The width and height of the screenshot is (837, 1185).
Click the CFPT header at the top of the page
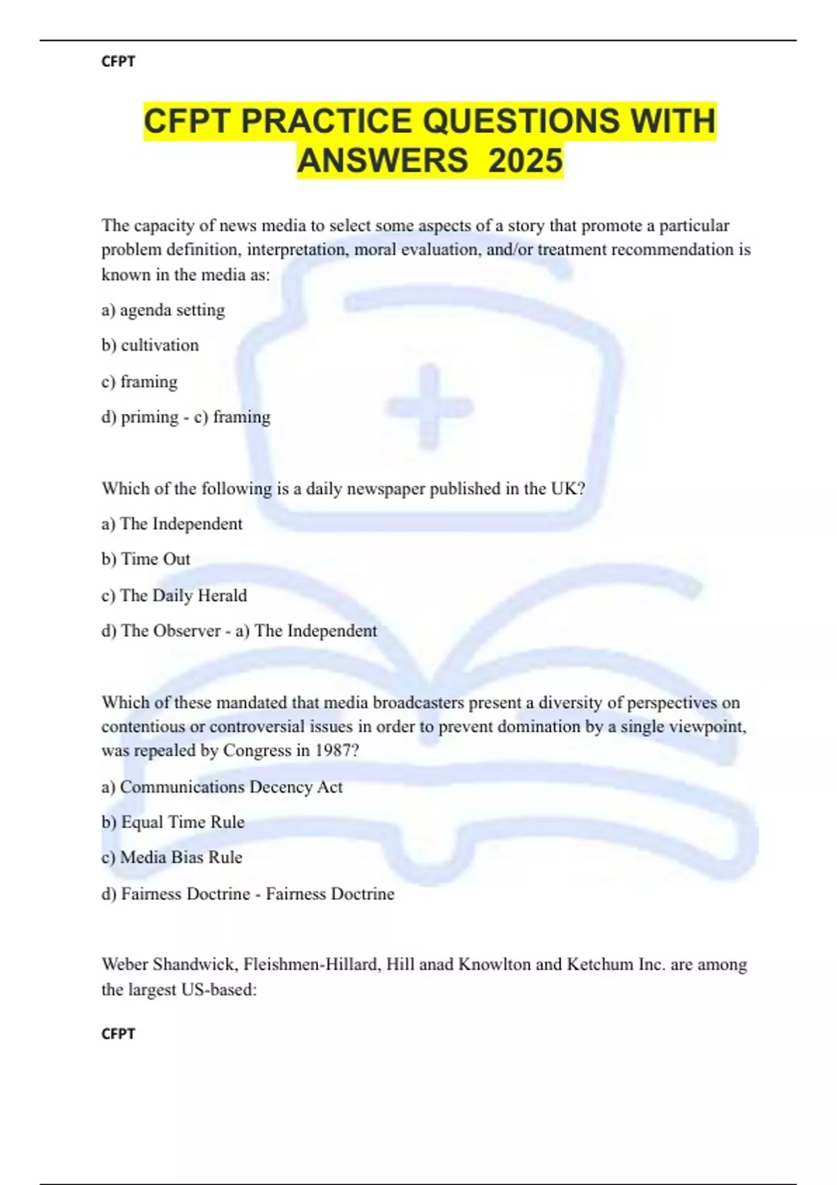pyautogui.click(x=118, y=61)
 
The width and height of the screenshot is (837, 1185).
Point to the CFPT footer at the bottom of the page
pyautogui.click(x=118, y=1034)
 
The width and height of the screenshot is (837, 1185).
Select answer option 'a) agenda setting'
pyautogui.click(x=163, y=310)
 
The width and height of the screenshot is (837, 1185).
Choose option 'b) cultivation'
pyautogui.click(x=150, y=345)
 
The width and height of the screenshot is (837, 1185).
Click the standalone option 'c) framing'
pyautogui.click(x=139, y=382)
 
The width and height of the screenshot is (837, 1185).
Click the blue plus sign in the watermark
pyautogui.click(x=430, y=406)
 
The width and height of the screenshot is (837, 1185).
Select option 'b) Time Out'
pyautogui.click(x=146, y=559)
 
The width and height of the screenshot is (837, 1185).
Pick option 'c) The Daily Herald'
pyautogui.click(x=174, y=595)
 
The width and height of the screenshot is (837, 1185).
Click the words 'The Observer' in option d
pyautogui.click(x=171, y=631)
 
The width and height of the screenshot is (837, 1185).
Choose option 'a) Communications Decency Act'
pyautogui.click(x=222, y=787)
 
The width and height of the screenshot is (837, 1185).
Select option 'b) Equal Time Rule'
pyautogui.click(x=173, y=823)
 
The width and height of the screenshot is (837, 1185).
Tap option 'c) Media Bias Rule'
pyautogui.click(x=172, y=857)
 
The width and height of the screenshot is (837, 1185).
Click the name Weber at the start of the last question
pyautogui.click(x=125, y=965)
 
